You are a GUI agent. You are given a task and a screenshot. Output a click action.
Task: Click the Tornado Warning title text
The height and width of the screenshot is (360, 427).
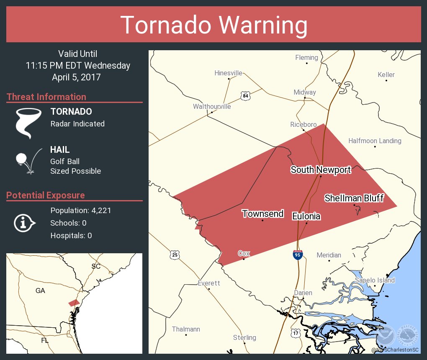click(x=213, y=25)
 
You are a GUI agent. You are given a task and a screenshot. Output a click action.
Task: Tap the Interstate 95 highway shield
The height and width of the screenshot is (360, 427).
click(x=297, y=255)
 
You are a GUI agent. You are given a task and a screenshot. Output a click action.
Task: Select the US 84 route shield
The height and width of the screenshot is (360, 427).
click(x=246, y=96)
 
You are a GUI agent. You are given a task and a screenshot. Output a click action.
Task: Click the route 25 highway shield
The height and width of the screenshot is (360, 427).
click(x=175, y=255)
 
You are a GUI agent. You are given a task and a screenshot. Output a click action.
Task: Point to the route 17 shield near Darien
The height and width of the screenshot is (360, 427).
click(x=296, y=333)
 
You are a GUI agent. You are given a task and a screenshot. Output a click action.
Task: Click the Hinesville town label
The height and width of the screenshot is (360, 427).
click(x=228, y=73)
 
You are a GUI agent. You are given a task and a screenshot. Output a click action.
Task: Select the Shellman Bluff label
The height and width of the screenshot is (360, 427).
click(x=354, y=198)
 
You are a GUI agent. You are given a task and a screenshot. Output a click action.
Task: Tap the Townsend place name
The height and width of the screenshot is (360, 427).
click(x=262, y=214)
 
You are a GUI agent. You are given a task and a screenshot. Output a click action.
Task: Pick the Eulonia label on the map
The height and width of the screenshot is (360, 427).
click(x=306, y=216)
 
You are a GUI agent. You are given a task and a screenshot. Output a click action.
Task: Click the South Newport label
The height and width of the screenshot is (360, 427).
click(x=321, y=170)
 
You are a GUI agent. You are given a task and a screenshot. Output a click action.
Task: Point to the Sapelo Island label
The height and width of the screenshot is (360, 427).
click(x=375, y=280)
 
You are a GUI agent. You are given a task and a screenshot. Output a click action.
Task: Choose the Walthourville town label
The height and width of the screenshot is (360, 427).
click(x=212, y=106)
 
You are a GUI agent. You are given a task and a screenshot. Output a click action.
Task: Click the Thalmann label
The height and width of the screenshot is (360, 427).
click(x=186, y=329)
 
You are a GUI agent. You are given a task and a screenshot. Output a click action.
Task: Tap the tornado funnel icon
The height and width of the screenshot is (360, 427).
click(x=28, y=123)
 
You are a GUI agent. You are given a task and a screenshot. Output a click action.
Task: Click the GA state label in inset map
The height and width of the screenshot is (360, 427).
click(x=40, y=291)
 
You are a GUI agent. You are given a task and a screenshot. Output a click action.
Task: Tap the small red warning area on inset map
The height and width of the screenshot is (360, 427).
click(x=74, y=303)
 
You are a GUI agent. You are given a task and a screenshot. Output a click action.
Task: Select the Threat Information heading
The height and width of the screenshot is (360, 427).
click(x=46, y=97)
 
